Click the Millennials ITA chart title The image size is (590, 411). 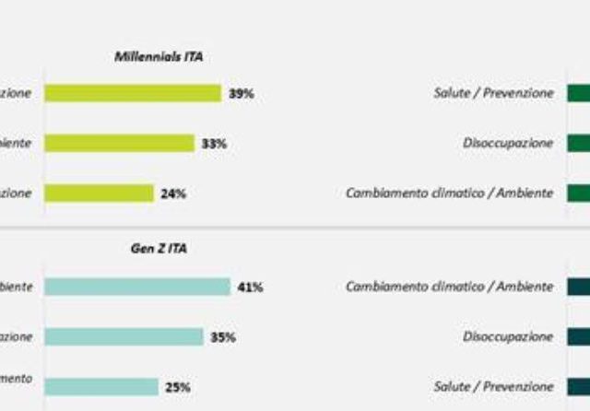(x=159, y=57)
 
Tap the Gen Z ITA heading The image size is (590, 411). (x=159, y=248)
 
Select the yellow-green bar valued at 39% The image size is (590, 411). (x=133, y=93)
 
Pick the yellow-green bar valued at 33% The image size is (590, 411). (x=119, y=143)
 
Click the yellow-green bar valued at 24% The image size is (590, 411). (x=99, y=194)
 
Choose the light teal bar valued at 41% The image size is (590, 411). (x=136, y=287)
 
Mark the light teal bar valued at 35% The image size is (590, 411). (x=124, y=337)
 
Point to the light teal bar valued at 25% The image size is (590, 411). (x=101, y=387)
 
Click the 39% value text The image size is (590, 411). (x=242, y=93)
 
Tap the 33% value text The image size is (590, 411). (x=215, y=144)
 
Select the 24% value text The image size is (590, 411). (x=173, y=194)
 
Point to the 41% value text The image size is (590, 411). (x=250, y=288)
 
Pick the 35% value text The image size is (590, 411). (x=222, y=337)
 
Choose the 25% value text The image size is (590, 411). (x=178, y=388)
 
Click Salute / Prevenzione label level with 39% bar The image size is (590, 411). (x=493, y=93)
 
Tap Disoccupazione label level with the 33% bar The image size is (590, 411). (x=509, y=143)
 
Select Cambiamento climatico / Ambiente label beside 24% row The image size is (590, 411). (x=450, y=194)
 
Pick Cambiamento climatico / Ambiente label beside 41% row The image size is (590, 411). (x=450, y=287)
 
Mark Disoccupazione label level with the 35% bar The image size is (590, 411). (x=509, y=337)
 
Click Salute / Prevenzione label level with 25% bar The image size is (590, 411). (x=493, y=387)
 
